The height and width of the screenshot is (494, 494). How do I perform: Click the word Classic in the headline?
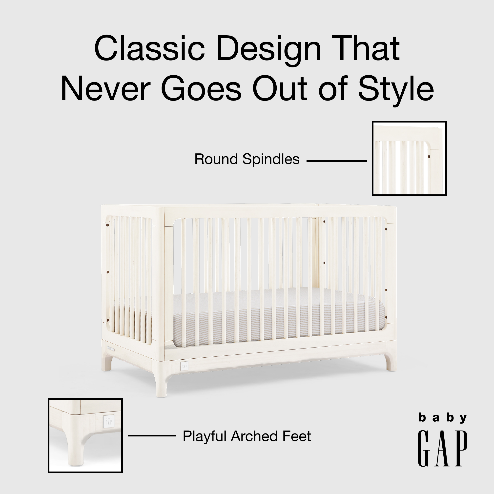tap(150, 49)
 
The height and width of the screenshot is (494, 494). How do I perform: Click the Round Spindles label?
tap(247, 159)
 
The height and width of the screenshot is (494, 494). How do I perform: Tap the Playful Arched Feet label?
tap(247, 436)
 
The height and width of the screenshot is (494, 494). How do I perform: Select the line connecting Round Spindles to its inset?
tap(336, 161)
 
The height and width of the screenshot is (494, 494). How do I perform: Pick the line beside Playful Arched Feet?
tap(152, 436)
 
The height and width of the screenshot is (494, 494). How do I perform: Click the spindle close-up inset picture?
tap(409, 159)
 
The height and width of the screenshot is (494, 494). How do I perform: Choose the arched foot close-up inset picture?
tap(85, 435)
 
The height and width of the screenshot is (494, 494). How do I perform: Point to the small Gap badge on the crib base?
tap(184, 366)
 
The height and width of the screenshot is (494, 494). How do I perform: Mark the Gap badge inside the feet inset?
tap(108, 421)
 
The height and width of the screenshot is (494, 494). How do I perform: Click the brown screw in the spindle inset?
tap(429, 157)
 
